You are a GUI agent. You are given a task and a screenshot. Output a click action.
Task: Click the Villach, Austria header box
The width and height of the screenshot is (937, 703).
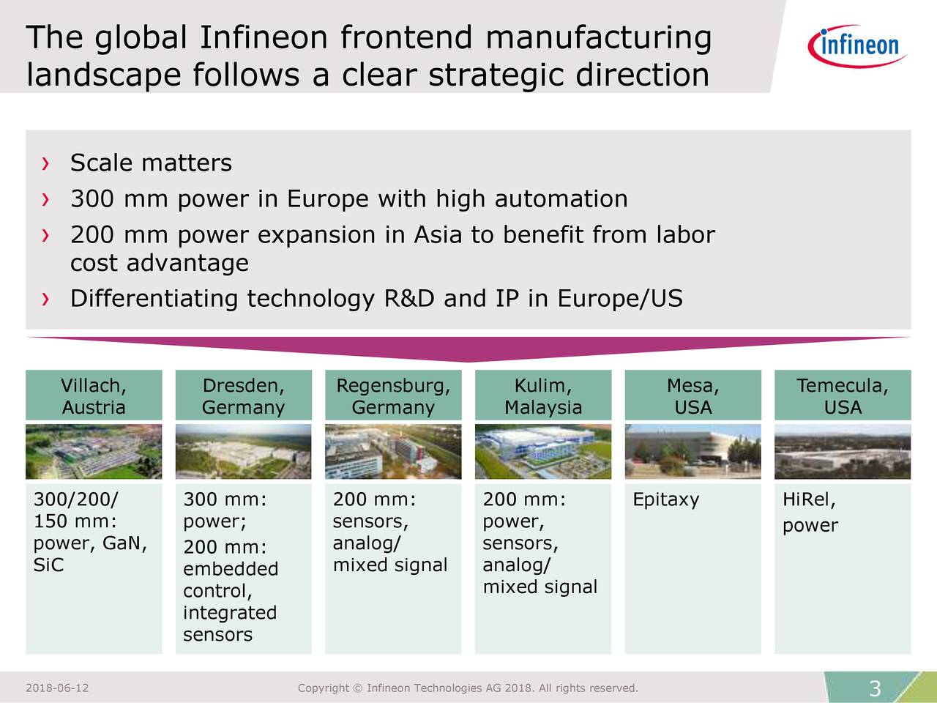pyautogui.click(x=94, y=396)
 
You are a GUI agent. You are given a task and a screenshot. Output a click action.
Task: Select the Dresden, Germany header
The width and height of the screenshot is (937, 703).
pyautogui.click(x=243, y=396)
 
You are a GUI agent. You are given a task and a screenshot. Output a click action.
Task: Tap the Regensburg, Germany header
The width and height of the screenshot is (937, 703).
pyautogui.click(x=393, y=396)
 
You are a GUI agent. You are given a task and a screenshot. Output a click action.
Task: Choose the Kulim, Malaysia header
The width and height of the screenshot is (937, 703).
pyautogui.click(x=542, y=396)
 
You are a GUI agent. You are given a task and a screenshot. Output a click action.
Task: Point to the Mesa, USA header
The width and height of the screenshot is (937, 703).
pyautogui.click(x=693, y=396)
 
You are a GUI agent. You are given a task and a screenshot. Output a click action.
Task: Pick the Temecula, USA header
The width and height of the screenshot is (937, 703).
pyautogui.click(x=843, y=396)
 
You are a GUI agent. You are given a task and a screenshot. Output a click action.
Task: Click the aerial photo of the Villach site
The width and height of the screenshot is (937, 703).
pyautogui.click(x=94, y=452)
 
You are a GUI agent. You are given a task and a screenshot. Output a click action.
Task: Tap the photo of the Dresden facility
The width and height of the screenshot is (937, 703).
pyautogui.click(x=243, y=452)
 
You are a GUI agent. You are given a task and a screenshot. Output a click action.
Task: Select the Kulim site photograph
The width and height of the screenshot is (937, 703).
pyautogui.click(x=542, y=452)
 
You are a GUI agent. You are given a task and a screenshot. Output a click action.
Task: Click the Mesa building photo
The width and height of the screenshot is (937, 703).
pyautogui.click(x=693, y=452)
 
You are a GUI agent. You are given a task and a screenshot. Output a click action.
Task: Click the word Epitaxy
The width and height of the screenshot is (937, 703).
pyautogui.click(x=666, y=501)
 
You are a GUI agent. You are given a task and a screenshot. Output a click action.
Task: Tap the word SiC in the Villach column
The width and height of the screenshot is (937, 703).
pyautogui.click(x=48, y=565)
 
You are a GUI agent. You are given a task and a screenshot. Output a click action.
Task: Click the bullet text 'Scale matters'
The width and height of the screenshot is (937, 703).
pyautogui.click(x=151, y=163)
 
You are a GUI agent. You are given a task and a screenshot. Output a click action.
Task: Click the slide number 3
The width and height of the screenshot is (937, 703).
pyautogui.click(x=874, y=689)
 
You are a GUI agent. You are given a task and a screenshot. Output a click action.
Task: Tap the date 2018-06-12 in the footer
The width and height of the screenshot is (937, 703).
pyautogui.click(x=57, y=688)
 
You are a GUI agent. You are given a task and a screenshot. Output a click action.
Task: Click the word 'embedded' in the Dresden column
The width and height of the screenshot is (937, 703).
pyautogui.click(x=231, y=570)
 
